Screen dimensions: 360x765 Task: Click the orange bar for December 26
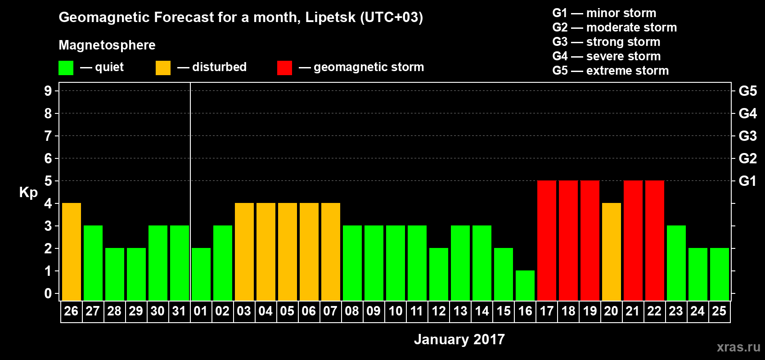click(x=72, y=252)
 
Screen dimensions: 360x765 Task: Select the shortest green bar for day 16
click(x=525, y=285)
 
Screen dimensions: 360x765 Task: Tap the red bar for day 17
click(x=547, y=240)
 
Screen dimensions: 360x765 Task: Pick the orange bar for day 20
click(x=612, y=252)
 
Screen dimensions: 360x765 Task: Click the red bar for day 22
click(x=655, y=240)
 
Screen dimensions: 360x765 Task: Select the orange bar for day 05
click(x=288, y=252)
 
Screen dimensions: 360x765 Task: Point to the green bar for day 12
click(x=439, y=274)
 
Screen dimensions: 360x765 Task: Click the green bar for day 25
click(x=720, y=274)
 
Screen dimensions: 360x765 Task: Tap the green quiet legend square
click(x=66, y=68)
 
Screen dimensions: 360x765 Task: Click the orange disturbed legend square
click(x=163, y=68)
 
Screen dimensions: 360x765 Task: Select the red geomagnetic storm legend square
click(x=284, y=68)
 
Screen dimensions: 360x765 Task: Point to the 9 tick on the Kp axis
click(x=48, y=91)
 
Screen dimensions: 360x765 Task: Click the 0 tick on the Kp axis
click(x=48, y=293)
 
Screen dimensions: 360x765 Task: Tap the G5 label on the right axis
click(x=747, y=91)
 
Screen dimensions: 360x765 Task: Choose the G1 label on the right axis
click(x=747, y=181)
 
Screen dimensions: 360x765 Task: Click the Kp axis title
click(x=28, y=192)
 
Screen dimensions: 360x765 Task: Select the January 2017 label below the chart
click(x=459, y=339)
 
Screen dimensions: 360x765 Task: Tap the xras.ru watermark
click(x=738, y=347)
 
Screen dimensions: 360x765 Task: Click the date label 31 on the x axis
click(x=179, y=311)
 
